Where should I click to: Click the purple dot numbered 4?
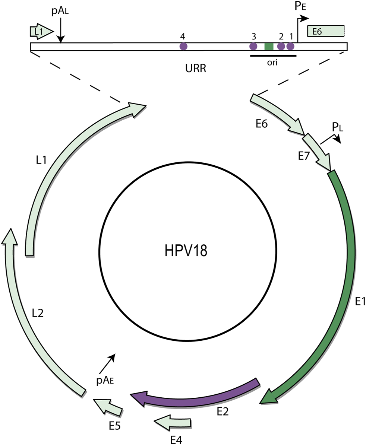[x=183, y=47]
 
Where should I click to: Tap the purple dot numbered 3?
[x=253, y=47]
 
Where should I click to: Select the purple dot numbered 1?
[x=290, y=47]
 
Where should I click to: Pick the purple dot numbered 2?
[x=281, y=47]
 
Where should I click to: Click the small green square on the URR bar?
[x=269, y=47]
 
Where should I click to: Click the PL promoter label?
[x=338, y=128]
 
